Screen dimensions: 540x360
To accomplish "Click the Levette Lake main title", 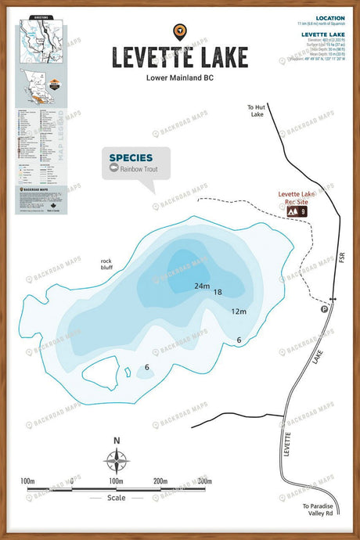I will tap(180, 57).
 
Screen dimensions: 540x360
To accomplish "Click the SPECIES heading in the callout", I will tap(131, 157).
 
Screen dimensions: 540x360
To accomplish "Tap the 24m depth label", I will tap(203, 286).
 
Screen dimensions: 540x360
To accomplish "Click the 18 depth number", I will tap(218, 292).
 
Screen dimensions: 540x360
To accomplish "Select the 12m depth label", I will tap(239, 311).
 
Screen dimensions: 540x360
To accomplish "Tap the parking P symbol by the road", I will tap(325, 309).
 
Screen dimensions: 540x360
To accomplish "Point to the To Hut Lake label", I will tap(257, 110).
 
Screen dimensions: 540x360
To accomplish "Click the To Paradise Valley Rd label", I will tap(319, 509).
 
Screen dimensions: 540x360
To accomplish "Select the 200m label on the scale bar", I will tap(160, 480).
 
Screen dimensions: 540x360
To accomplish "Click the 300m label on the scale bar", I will tap(205, 480).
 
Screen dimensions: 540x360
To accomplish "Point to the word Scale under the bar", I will tap(116, 498).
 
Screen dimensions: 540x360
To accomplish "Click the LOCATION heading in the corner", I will tap(330, 18).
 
